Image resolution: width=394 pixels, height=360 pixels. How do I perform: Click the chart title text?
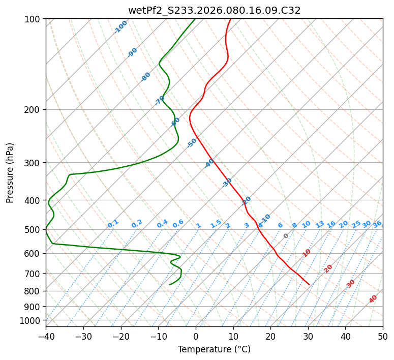[214, 10]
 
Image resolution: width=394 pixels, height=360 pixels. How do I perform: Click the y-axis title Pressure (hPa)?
[10, 172]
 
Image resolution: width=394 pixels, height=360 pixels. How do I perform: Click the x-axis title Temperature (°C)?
[214, 350]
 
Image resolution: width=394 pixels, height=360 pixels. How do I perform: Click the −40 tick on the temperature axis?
[46, 337]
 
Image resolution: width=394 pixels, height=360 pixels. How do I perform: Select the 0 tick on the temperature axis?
[196, 337]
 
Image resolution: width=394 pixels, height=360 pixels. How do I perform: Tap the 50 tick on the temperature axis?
[383, 337]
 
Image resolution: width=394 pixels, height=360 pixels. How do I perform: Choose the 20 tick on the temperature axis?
[270, 337]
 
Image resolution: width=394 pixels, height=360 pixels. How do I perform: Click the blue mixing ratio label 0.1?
[113, 223]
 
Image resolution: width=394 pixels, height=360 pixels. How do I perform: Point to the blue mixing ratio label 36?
[377, 224]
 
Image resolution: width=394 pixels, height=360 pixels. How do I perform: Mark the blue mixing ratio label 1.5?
[216, 223]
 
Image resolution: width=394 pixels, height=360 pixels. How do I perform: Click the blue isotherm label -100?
[120, 27]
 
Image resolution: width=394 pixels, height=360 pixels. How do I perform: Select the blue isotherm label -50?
[191, 143]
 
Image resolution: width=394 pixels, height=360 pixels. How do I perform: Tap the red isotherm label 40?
[373, 299]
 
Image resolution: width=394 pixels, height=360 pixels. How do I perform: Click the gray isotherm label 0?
[286, 236]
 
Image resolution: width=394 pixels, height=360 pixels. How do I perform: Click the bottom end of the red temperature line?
[309, 284]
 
